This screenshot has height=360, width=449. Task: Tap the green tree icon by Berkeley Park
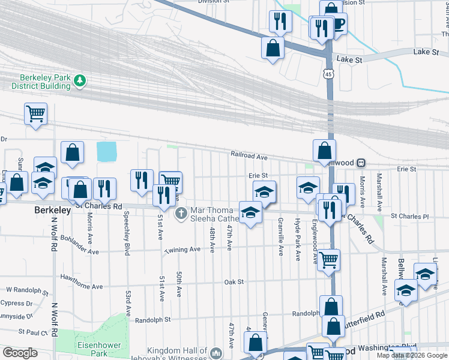tap(79, 80)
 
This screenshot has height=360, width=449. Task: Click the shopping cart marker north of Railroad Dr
tap(35, 113)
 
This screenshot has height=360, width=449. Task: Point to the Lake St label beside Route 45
tap(350, 59)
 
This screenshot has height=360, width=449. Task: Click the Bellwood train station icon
tap(361, 163)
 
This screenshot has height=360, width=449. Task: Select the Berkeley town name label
tap(53, 211)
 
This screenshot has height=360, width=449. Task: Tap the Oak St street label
tap(233, 281)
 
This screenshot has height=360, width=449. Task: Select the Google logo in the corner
tap(20, 353)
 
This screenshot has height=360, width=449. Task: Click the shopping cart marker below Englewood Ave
tap(328, 260)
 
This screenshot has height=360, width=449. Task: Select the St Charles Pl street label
tap(410, 215)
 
